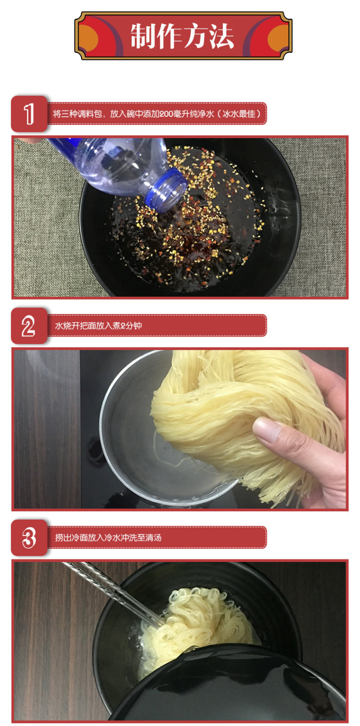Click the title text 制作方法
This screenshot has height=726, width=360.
pyautogui.click(x=182, y=36)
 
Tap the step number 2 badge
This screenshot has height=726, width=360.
pyautogui.click(x=29, y=326)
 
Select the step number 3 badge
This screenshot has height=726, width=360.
pyautogui.click(x=29, y=538)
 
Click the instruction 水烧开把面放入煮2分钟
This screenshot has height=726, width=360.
pyautogui.click(x=98, y=326)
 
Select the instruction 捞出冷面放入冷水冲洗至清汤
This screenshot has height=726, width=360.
pyautogui.click(x=108, y=538)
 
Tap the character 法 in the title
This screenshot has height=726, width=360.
pyautogui.click(x=221, y=36)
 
